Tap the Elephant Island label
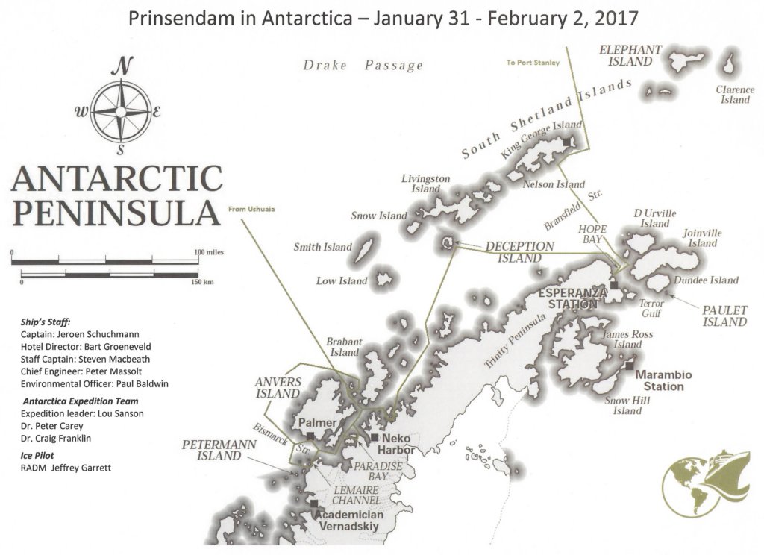[x=630, y=56]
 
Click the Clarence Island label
[x=735, y=95]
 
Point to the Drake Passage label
[x=363, y=66]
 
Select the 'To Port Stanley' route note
[x=533, y=63]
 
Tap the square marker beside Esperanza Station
[x=613, y=285]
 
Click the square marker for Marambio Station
[x=630, y=366]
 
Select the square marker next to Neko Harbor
[x=375, y=437]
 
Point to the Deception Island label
[x=520, y=252]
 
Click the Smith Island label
[x=322, y=247]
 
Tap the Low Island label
[x=342, y=281]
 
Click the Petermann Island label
[x=220, y=451]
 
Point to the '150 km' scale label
[x=201, y=283]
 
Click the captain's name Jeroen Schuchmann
[x=90, y=334]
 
